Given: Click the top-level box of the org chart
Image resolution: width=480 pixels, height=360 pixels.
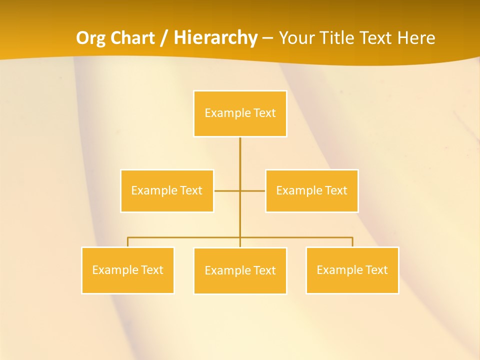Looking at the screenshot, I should [240, 113].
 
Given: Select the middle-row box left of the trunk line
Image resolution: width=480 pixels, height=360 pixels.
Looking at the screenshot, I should [167, 190].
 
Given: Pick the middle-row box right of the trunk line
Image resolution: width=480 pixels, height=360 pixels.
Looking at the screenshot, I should [311, 190].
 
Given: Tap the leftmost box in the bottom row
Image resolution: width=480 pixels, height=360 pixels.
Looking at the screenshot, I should [127, 270].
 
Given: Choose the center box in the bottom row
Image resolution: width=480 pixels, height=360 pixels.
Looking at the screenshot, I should [240, 270].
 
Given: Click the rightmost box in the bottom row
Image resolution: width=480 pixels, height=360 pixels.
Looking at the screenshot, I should [352, 270].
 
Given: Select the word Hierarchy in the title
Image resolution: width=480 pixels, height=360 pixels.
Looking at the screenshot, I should [215, 38].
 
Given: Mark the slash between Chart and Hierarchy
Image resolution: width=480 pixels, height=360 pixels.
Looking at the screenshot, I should [164, 38].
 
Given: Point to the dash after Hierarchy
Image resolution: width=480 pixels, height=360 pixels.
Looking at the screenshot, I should [267, 38].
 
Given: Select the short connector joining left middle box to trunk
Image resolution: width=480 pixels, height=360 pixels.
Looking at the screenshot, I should [227, 190].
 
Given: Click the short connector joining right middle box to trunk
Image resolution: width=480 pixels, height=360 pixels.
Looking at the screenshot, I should [253, 190].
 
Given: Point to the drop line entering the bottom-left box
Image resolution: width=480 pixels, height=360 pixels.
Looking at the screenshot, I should [127, 242].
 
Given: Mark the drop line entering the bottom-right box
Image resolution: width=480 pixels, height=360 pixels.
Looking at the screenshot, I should [352, 242].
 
